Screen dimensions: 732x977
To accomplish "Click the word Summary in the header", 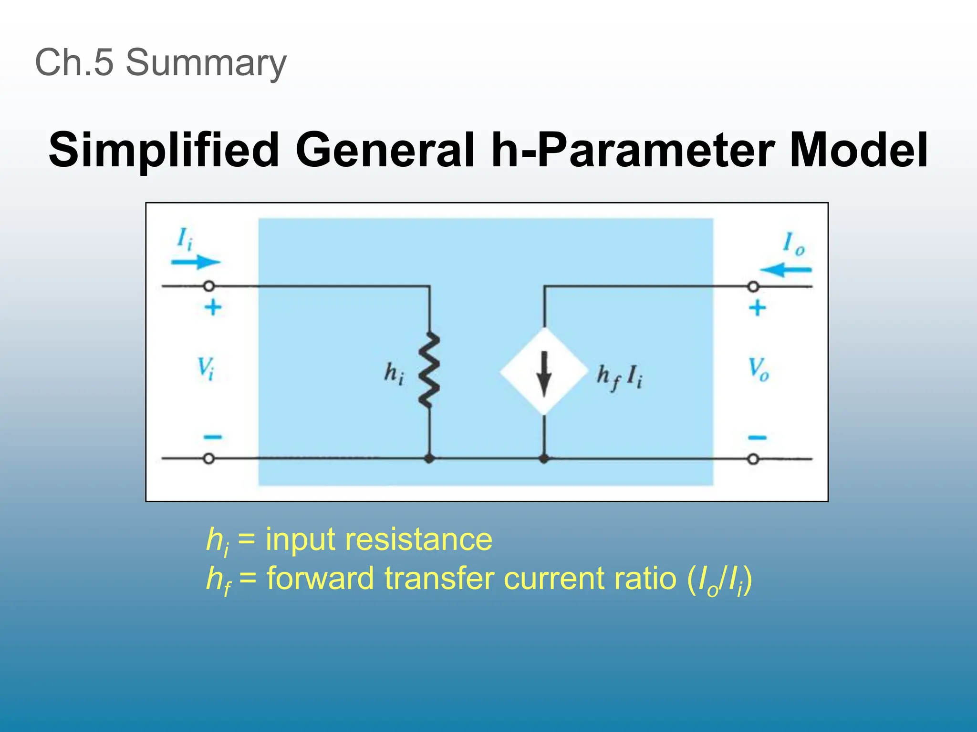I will click(x=206, y=63).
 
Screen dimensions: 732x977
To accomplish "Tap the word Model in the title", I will click(x=858, y=150).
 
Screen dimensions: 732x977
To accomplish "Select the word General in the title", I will click(x=385, y=150).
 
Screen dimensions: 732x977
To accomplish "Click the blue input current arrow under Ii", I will click(x=196, y=262).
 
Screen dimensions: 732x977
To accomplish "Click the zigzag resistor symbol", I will click(x=429, y=371).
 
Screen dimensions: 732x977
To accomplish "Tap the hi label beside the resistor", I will click(x=394, y=373).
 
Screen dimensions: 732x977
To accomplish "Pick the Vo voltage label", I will click(x=758, y=369).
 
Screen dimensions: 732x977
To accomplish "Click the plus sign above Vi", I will click(x=213, y=307).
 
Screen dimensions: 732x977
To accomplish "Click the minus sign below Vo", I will click(x=757, y=437).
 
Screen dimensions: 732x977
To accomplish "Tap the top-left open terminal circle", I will click(x=208, y=286).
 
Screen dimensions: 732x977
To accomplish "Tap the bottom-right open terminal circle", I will click(x=753, y=459).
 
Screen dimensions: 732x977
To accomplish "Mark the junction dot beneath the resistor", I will click(x=429, y=459).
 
